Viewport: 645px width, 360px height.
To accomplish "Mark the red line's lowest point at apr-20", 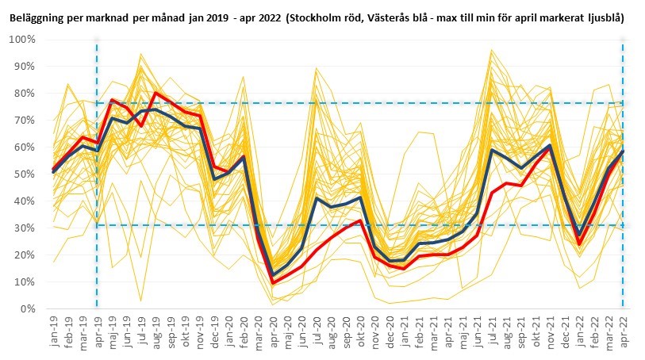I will pyautogui.click(x=273, y=282).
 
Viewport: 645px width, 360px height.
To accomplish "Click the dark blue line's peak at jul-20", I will pyautogui.click(x=317, y=198).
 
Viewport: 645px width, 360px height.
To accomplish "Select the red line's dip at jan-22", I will pyautogui.click(x=579, y=243).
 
